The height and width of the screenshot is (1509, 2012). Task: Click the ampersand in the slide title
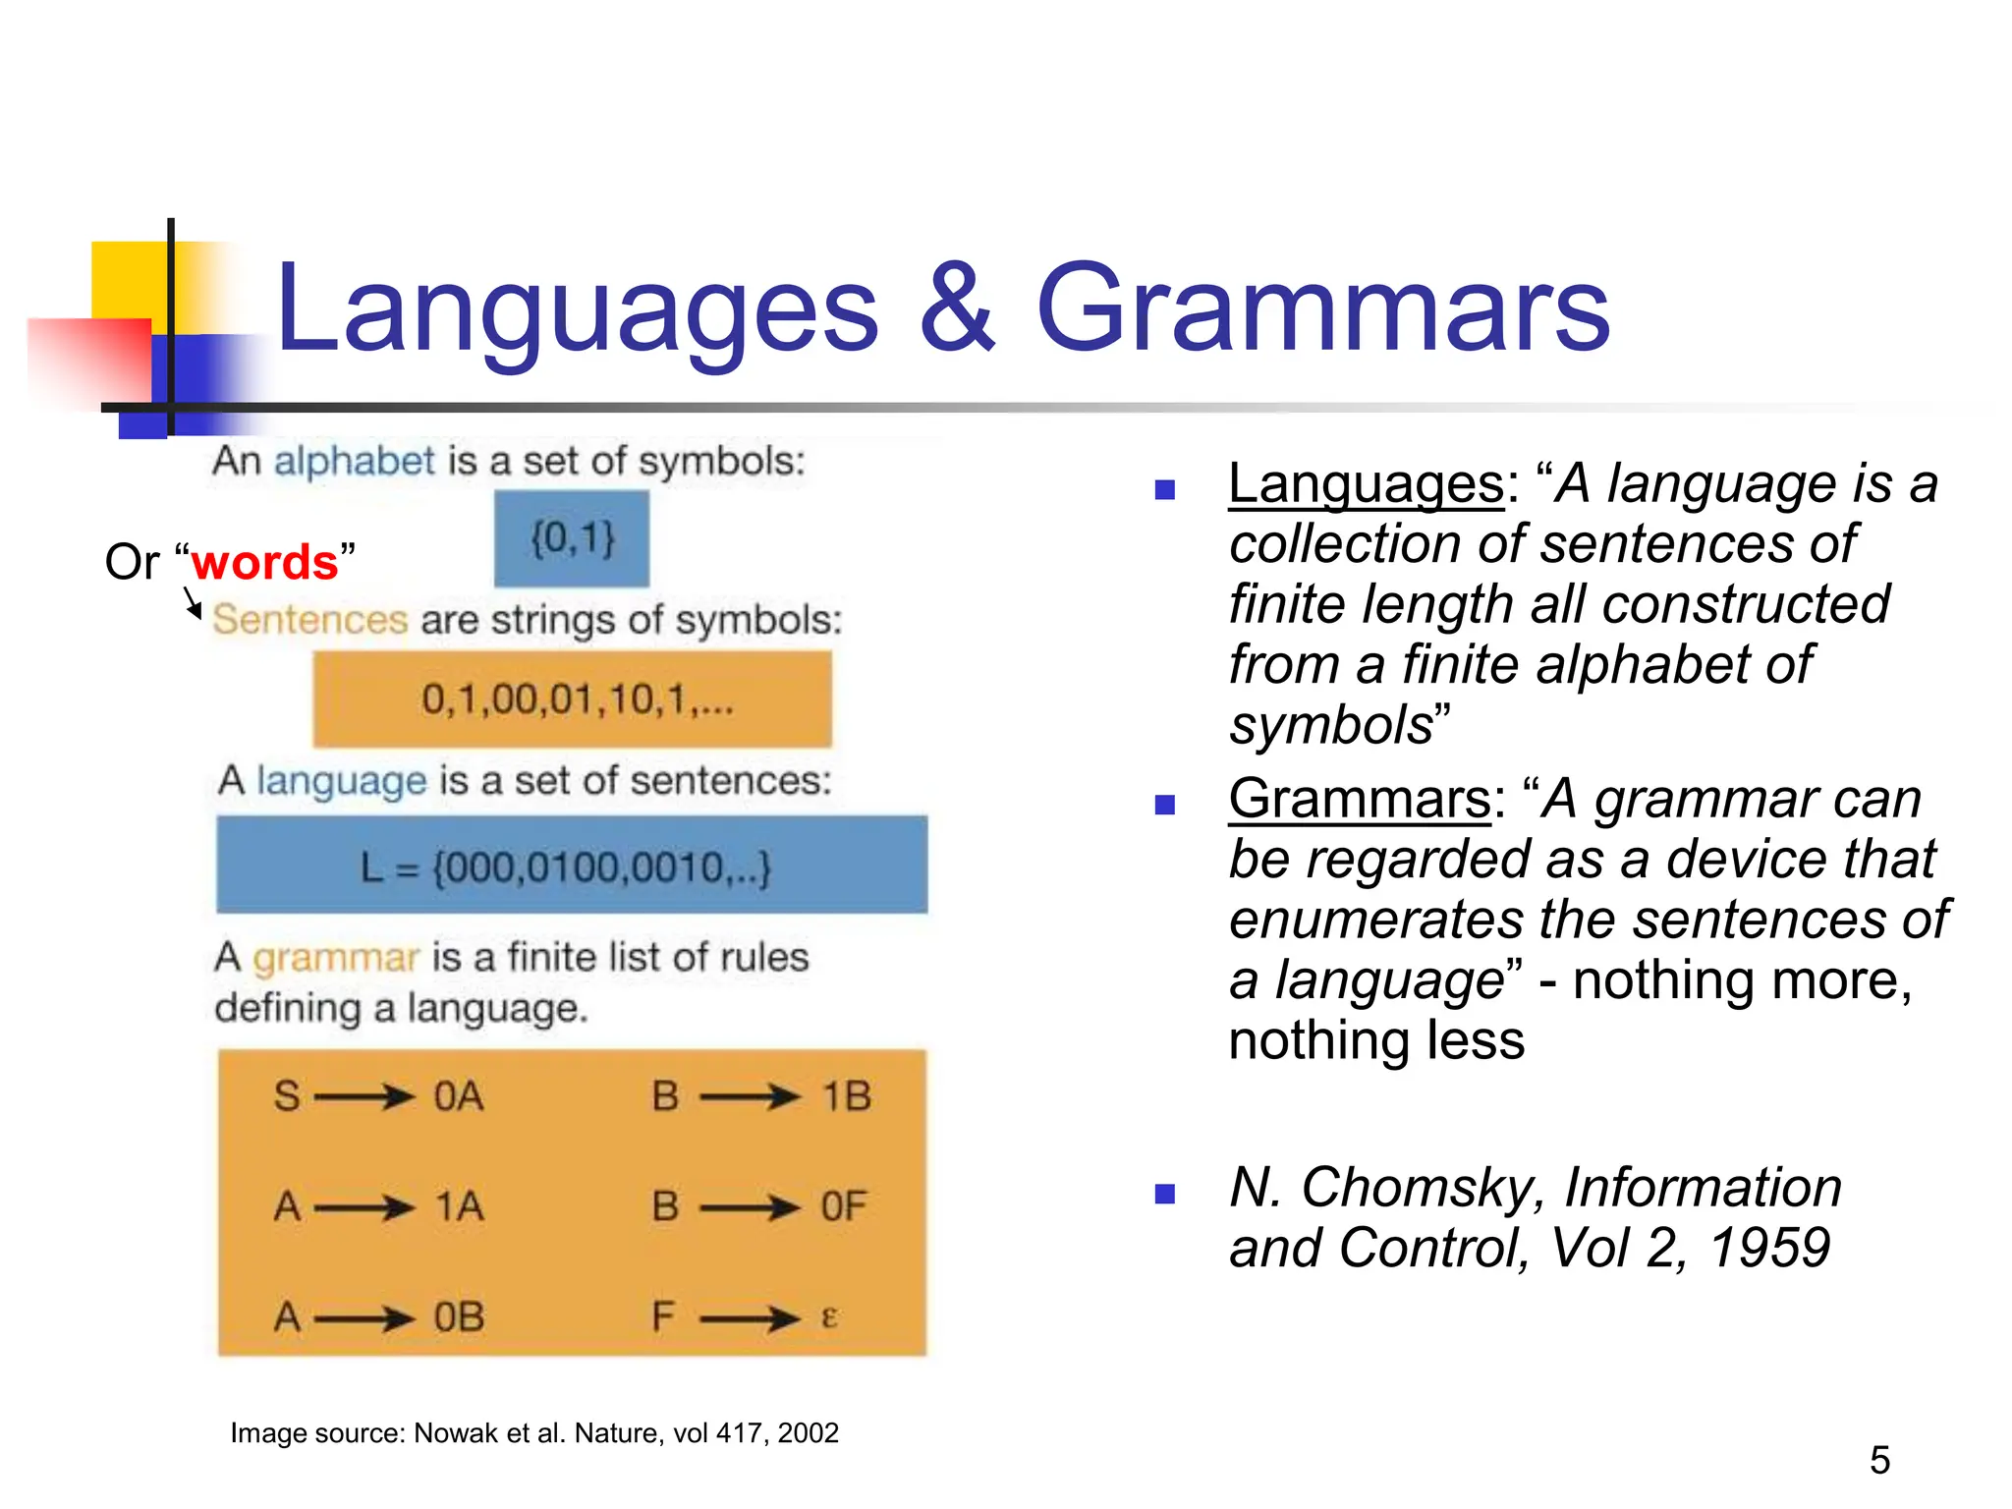pyautogui.click(x=958, y=309)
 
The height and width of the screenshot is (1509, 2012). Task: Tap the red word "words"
pyautogui.click(x=264, y=562)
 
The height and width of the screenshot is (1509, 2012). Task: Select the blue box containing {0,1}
pyautogui.click(x=572, y=538)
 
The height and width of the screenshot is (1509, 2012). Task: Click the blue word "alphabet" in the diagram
pyautogui.click(x=354, y=461)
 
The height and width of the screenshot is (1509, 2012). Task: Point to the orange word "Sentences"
pyautogui.click(x=309, y=620)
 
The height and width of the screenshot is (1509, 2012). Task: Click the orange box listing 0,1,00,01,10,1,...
pyautogui.click(x=573, y=700)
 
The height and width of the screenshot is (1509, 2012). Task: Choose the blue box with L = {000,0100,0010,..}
pyautogui.click(x=572, y=865)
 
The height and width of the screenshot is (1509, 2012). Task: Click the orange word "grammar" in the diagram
pyautogui.click(x=336, y=957)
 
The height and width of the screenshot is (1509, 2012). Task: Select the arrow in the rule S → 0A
pyautogui.click(x=364, y=1096)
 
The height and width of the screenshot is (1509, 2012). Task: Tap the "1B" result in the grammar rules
pyautogui.click(x=846, y=1096)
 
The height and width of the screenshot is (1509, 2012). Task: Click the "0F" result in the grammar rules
pyautogui.click(x=844, y=1206)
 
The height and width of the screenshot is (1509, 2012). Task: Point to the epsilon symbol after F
pyautogui.click(x=828, y=1316)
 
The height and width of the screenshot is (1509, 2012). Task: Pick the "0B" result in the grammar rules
pyautogui.click(x=459, y=1316)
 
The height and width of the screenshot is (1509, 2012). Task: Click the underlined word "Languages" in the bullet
pyautogui.click(x=1366, y=484)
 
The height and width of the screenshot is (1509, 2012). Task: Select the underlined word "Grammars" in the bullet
pyautogui.click(x=1360, y=799)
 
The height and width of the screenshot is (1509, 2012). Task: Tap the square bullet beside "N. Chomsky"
pyautogui.click(x=1165, y=1194)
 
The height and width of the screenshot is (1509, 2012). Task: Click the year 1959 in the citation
pyautogui.click(x=1769, y=1248)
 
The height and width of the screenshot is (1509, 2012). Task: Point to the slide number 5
pyautogui.click(x=1879, y=1460)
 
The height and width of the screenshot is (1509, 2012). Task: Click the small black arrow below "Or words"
pyautogui.click(x=193, y=603)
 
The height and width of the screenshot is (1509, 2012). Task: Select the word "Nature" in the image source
pyautogui.click(x=616, y=1433)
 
